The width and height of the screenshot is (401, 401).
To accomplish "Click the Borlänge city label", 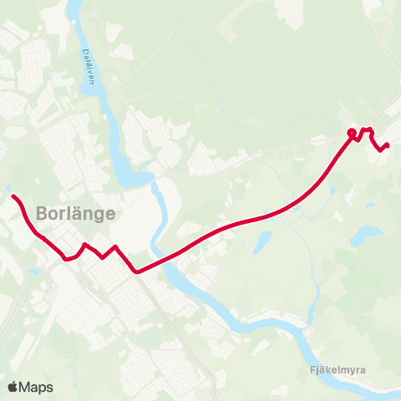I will coord(75,212).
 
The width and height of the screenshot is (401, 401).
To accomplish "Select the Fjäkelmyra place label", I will coord(337,369).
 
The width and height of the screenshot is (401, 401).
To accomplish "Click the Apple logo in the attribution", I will coord(13,387).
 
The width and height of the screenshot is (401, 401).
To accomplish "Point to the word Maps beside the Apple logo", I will coord(37,387).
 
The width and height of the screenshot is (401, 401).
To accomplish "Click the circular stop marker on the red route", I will coord(352,133).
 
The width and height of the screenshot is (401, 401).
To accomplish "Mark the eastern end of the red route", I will coord(388,145).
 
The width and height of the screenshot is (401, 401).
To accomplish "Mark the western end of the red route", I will coord(13,196).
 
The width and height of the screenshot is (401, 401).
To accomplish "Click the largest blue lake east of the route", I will coord(366,236).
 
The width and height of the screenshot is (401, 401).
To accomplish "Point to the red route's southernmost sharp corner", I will coord(136,272).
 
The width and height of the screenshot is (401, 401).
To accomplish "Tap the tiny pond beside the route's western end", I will coord(8,187).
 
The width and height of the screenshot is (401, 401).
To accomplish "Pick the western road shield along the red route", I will coord(266,209).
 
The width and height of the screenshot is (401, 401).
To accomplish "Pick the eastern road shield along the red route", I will coord(290,207).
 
